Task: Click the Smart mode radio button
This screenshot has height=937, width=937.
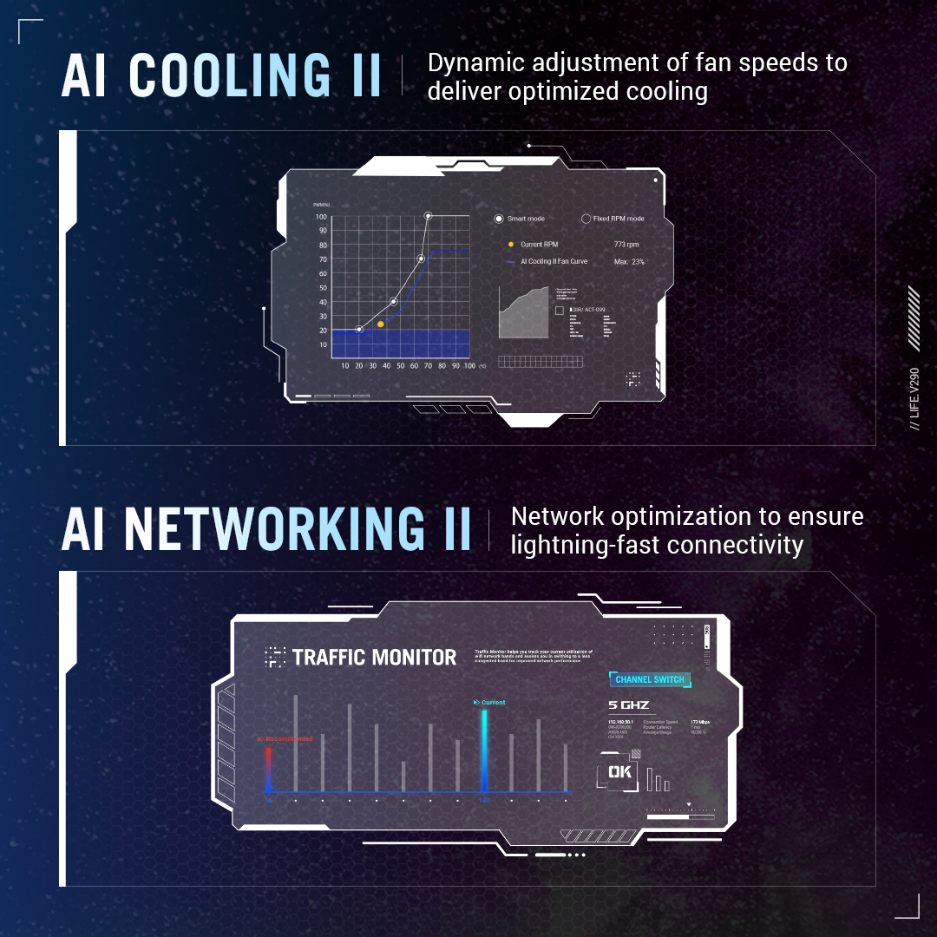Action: pyautogui.click(x=499, y=219)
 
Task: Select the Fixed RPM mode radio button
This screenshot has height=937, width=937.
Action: pyautogui.click(x=586, y=219)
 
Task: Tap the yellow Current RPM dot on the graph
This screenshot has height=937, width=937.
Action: pyautogui.click(x=380, y=324)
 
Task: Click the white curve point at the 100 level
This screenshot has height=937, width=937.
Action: pyautogui.click(x=428, y=215)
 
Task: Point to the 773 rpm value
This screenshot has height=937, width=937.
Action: pyautogui.click(x=626, y=245)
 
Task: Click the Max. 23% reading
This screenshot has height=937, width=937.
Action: pyautogui.click(x=629, y=261)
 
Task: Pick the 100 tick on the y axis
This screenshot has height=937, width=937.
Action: pyautogui.click(x=321, y=217)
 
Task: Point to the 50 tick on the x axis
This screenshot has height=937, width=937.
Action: pyautogui.click(x=400, y=366)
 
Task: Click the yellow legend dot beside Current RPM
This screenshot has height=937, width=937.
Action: pyautogui.click(x=511, y=245)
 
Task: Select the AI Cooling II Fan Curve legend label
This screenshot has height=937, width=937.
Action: pyautogui.click(x=554, y=261)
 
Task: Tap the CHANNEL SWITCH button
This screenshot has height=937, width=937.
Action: pyautogui.click(x=650, y=679)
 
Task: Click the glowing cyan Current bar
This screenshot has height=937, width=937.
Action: pyautogui.click(x=484, y=750)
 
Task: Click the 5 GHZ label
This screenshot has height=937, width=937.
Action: pyautogui.click(x=629, y=704)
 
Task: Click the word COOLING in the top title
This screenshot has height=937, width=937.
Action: pyautogui.click(x=230, y=75)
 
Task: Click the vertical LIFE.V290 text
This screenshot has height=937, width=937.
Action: pyautogui.click(x=914, y=398)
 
